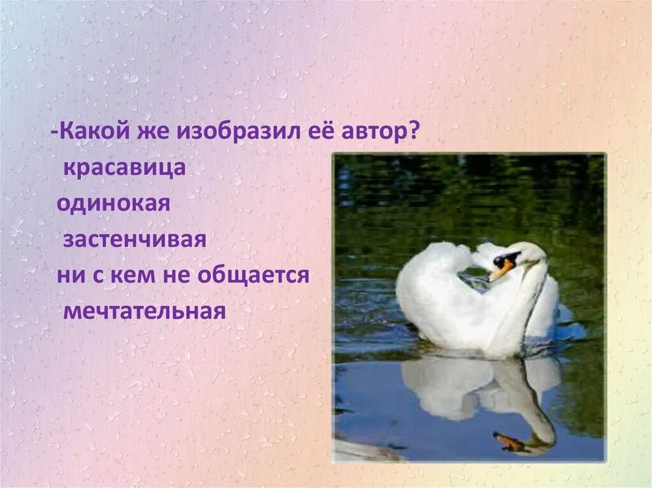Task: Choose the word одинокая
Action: [113, 205]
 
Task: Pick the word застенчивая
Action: [134, 241]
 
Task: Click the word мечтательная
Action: [145, 312]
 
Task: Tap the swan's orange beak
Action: [500, 270]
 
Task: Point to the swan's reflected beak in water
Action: [509, 441]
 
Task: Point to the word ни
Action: [68, 277]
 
